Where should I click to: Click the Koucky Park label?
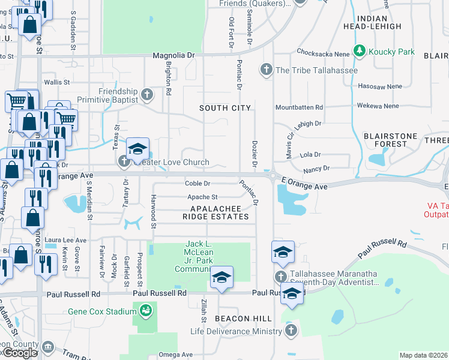tap(391, 52)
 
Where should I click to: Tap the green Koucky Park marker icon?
tap(360, 52)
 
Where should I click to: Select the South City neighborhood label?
tap(224, 108)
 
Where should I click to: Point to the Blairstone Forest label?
tap(390, 140)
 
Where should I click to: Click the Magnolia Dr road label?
tap(174, 55)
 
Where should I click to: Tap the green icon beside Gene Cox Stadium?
tap(144, 310)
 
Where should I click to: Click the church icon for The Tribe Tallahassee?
tap(266, 70)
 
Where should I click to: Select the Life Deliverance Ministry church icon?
tap(291, 331)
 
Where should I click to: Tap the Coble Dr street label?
tap(197, 184)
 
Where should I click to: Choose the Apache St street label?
tap(202, 197)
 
